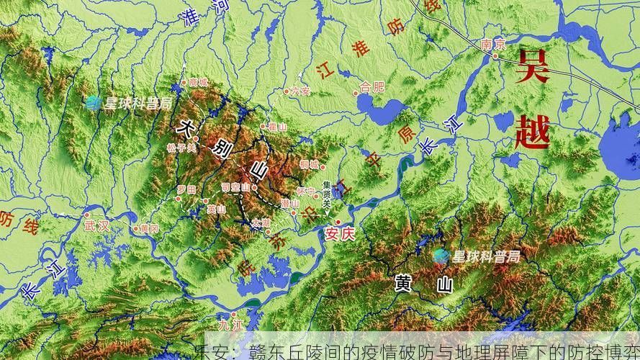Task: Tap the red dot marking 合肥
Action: pos(356,92)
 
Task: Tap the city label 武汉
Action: pos(96,225)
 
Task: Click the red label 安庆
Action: pos(341,233)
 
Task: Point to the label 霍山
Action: pos(276,127)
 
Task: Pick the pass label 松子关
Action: pos(181,148)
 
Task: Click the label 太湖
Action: pos(261,223)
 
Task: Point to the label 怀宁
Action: pos(305,192)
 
